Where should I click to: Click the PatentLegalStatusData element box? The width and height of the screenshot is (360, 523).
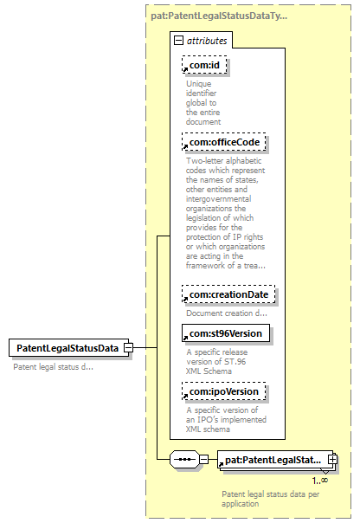68,348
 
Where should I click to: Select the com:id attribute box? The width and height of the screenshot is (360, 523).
204,65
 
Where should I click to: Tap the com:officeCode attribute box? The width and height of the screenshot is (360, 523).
224,142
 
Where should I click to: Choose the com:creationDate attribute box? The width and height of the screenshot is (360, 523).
228,294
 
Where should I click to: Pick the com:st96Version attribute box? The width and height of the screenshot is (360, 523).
226,333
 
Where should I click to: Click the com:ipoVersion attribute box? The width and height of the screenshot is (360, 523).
224,391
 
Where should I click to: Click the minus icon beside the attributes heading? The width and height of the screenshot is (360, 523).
179,41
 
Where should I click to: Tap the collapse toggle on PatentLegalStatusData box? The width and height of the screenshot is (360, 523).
128,348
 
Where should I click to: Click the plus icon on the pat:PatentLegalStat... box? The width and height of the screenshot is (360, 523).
332,459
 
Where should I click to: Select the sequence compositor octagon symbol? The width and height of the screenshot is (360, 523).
184,460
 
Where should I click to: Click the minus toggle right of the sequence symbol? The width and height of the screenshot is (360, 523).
203,459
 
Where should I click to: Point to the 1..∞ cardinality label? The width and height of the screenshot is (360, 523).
320,481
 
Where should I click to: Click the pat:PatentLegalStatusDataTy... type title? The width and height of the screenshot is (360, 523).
219,16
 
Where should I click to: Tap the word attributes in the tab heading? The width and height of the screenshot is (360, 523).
207,41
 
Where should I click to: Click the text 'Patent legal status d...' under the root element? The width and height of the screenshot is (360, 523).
54,367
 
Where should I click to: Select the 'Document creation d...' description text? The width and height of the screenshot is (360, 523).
227,313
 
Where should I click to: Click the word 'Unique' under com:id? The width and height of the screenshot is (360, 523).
199,84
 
